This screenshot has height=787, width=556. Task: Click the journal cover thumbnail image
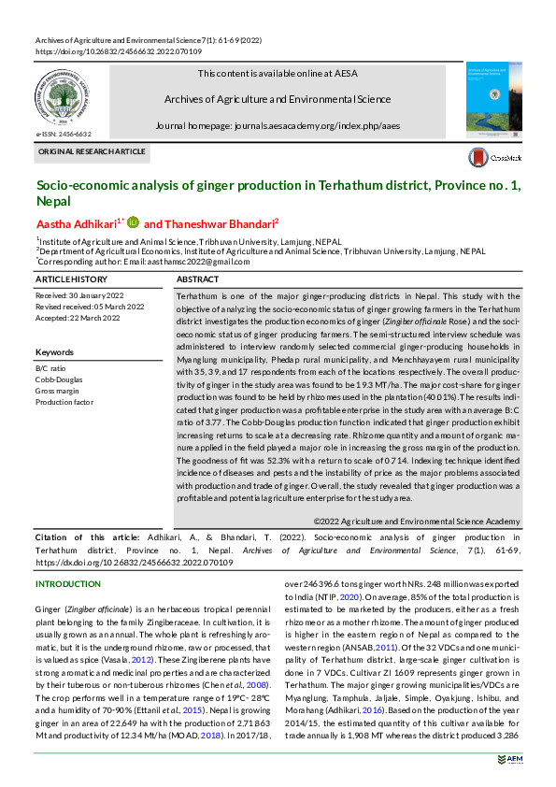point(493,97)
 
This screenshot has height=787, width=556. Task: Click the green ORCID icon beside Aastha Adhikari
point(133,222)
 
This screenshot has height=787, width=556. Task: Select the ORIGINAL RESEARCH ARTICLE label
point(91,151)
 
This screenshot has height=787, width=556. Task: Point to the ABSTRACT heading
point(197,280)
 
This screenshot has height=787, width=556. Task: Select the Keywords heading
point(54,352)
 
